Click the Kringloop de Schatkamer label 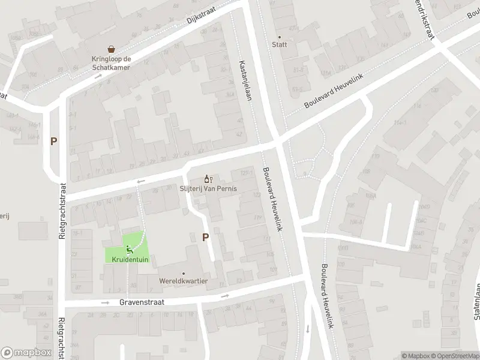click(x=111, y=63)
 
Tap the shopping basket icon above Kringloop click(x=111, y=49)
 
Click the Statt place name click(x=280, y=44)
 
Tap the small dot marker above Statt click(x=280, y=37)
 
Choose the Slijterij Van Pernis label click(x=208, y=188)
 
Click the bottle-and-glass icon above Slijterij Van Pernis click(x=208, y=178)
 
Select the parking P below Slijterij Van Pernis click(x=205, y=237)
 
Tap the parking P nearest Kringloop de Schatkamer click(x=54, y=142)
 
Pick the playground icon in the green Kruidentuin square click(x=128, y=249)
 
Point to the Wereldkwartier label click(x=184, y=281)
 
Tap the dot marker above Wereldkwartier click(x=184, y=273)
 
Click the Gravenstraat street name click(x=142, y=303)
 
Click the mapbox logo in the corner click(x=25, y=353)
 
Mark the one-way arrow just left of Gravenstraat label click(x=106, y=303)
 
